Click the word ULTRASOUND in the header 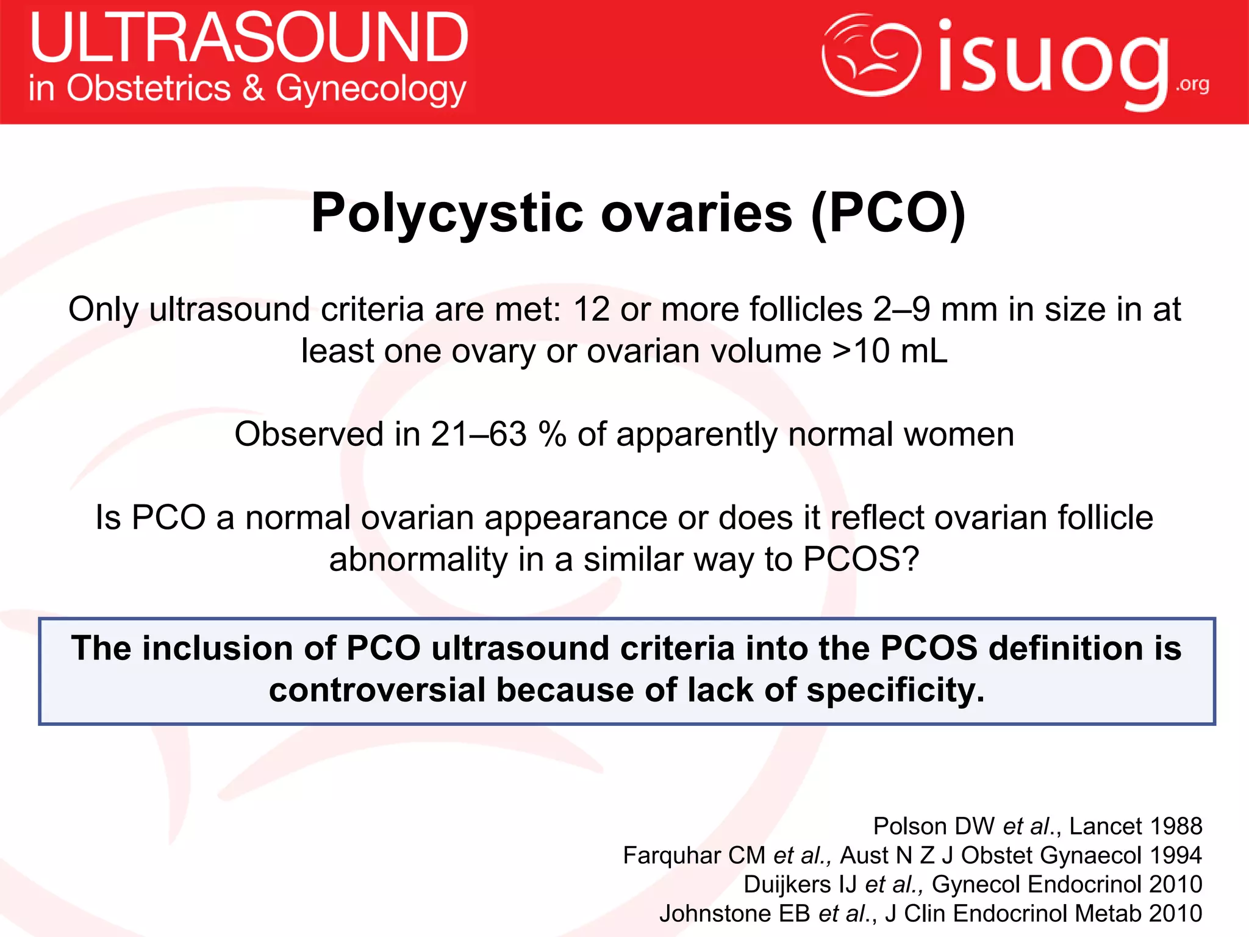[249, 38]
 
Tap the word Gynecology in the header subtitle [371, 90]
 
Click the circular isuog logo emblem [871, 55]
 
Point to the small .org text [1193, 84]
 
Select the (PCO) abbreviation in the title [889, 213]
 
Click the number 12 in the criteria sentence [592, 309]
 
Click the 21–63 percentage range [478, 434]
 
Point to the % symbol [553, 434]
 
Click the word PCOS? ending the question [861, 559]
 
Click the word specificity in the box [895, 690]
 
